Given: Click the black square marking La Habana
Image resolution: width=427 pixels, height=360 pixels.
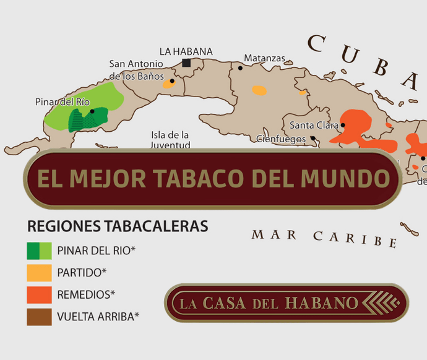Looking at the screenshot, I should point(186,62).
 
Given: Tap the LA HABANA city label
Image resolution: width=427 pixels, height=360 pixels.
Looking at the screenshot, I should point(186,51).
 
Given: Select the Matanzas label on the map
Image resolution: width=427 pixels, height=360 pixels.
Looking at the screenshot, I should point(264,58).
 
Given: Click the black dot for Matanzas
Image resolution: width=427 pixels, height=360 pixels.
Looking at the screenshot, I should point(240,67).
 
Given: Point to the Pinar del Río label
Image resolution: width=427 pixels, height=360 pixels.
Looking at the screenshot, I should point(63,101).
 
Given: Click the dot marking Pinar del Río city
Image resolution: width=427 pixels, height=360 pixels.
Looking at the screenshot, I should point(92,111).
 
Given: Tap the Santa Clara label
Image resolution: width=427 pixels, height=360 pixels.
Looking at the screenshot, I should point(314,125).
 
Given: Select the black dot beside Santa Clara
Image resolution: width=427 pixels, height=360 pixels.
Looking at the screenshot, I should point(342,125).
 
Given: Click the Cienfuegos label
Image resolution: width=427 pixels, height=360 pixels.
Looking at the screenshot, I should point(281,139).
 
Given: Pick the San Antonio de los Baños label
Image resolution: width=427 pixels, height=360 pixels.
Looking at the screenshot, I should point(137,70).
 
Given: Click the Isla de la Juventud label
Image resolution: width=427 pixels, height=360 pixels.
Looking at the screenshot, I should point(170,140).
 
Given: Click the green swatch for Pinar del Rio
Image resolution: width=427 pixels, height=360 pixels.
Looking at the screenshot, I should point(39,251).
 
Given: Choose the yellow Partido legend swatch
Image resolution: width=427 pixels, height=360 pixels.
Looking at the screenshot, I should point(39,273).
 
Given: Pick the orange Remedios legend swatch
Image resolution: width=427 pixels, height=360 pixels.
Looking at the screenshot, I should point(39,294).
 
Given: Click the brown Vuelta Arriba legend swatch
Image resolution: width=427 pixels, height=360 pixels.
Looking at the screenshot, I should point(39,317).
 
